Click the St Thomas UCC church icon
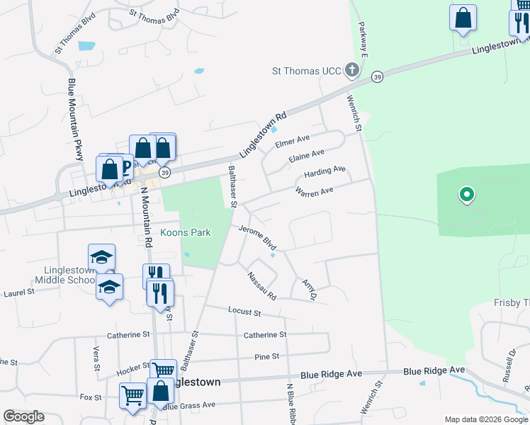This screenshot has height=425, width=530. coord(352,70)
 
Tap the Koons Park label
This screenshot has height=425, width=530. coord(185,232)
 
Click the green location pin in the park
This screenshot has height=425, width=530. coord(466,193)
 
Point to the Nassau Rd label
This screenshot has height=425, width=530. coord(261,285)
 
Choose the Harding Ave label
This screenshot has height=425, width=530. coord(325,171)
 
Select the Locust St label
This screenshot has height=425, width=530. coord(244,311)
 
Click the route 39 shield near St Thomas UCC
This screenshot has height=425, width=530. coord(377,76)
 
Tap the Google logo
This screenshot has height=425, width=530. coord(23,416)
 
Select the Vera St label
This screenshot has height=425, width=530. coord(96,358)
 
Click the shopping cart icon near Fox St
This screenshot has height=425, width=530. coord(132,396)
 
